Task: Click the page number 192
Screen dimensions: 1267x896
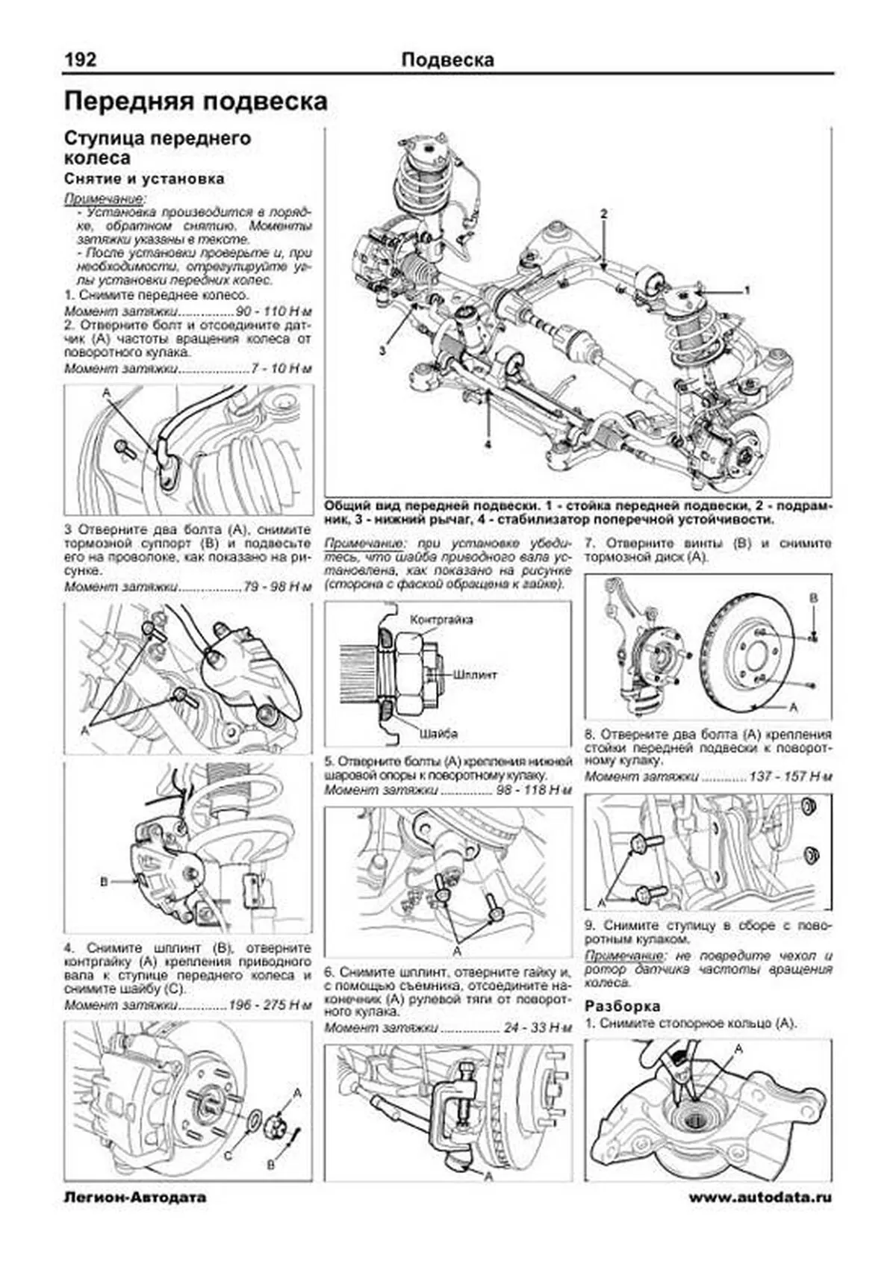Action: click(80, 60)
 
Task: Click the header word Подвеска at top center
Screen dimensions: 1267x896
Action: click(447, 60)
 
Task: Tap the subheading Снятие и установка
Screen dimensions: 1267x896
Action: click(144, 179)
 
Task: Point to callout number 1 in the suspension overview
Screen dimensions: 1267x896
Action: click(746, 288)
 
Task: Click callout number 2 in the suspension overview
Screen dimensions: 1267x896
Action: click(604, 214)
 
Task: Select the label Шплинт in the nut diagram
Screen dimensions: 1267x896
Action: click(476, 673)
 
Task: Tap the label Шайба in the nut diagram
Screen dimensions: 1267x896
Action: click(438, 733)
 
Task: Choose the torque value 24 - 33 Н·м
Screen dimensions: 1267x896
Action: click(538, 1028)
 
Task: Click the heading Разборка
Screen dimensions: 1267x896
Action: click(623, 1006)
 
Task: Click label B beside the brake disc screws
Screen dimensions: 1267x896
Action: click(814, 599)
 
